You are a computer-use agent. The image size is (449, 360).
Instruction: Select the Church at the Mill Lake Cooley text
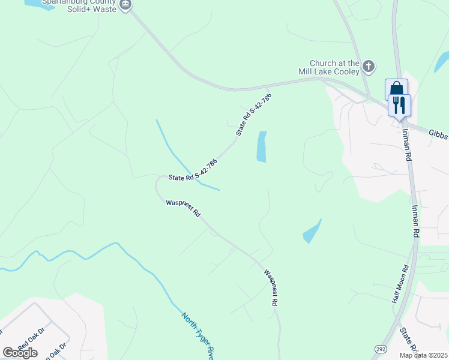(x=334, y=67)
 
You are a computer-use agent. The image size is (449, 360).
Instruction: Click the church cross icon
(x=368, y=66)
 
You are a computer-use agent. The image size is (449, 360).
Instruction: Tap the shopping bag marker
(x=396, y=88)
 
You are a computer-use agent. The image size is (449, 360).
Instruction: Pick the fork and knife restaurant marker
(x=399, y=106)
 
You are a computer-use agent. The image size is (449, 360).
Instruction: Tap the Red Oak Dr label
(x=31, y=340)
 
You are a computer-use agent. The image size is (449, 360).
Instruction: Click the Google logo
(x=20, y=352)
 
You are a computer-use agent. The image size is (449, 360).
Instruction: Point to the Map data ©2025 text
(x=423, y=355)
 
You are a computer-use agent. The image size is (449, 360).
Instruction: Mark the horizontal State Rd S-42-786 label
(x=192, y=170)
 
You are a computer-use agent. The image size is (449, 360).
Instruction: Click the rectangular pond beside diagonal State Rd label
(x=262, y=146)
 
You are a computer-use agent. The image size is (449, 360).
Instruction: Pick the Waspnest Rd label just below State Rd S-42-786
(x=183, y=208)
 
